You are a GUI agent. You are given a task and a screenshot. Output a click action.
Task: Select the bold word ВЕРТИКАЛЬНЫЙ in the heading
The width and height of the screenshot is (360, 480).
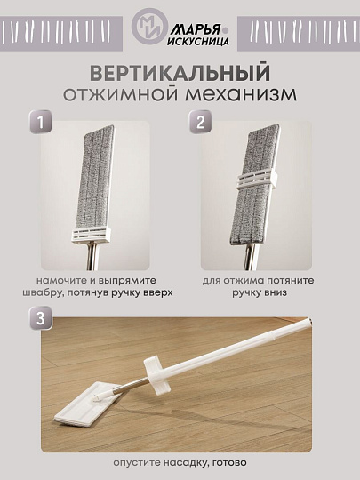point(180,70)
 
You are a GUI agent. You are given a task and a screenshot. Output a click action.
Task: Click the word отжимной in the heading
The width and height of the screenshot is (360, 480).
point(123,92)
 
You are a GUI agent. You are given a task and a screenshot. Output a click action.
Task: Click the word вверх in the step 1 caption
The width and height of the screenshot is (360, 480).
point(154,292)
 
